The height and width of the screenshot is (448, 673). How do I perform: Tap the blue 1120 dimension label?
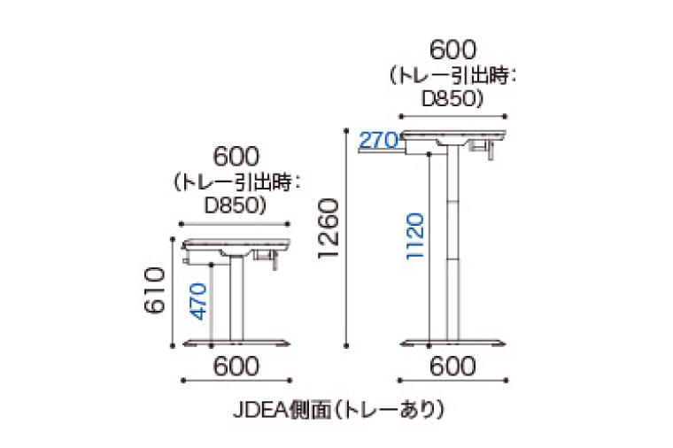pos(418,235)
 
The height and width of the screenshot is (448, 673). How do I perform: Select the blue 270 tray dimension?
pos(377,140)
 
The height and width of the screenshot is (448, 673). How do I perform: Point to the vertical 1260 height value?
pos(328,228)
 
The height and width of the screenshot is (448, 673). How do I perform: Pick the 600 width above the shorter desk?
pos(236,159)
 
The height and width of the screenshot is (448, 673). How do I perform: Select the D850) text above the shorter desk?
pos(236,205)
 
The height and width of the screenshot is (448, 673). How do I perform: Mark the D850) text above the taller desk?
pos(453,97)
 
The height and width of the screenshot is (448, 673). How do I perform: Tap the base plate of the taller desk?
pos(453,343)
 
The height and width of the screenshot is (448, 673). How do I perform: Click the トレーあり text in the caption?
pos(398,410)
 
